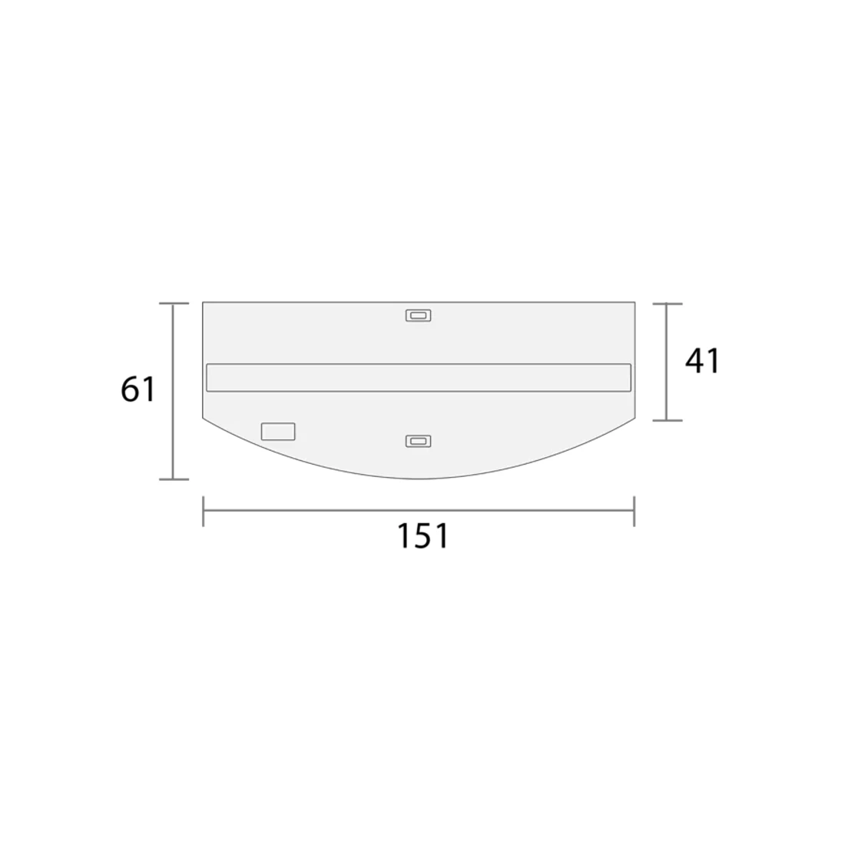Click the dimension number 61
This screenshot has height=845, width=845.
point(138,389)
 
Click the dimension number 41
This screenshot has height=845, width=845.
point(702,361)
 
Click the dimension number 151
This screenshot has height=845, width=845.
point(422,536)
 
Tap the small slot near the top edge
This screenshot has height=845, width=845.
point(418,315)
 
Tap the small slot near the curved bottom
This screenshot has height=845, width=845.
point(418,442)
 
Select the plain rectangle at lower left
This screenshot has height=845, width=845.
point(278,432)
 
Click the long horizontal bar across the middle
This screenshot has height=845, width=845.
point(418,377)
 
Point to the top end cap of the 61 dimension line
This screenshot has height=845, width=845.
point(174,304)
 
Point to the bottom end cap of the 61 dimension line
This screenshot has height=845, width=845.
point(174,479)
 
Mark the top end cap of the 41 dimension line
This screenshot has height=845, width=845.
point(667,304)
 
